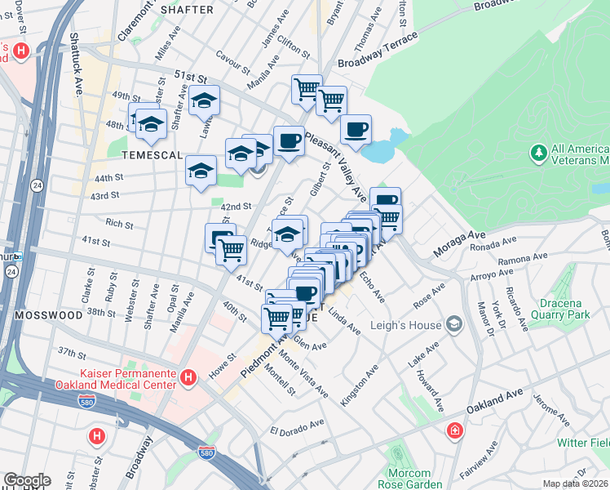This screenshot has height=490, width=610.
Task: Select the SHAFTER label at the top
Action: click(187, 10)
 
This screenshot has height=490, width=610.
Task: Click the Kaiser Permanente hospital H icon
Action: click(188, 377)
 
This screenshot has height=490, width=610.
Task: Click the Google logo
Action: click(26, 480)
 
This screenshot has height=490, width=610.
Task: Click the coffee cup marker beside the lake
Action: click(356, 128)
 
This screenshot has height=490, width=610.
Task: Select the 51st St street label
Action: click(190, 78)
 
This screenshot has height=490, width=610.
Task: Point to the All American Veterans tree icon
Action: click(538, 153)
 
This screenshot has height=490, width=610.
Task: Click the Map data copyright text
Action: click(576, 483)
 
